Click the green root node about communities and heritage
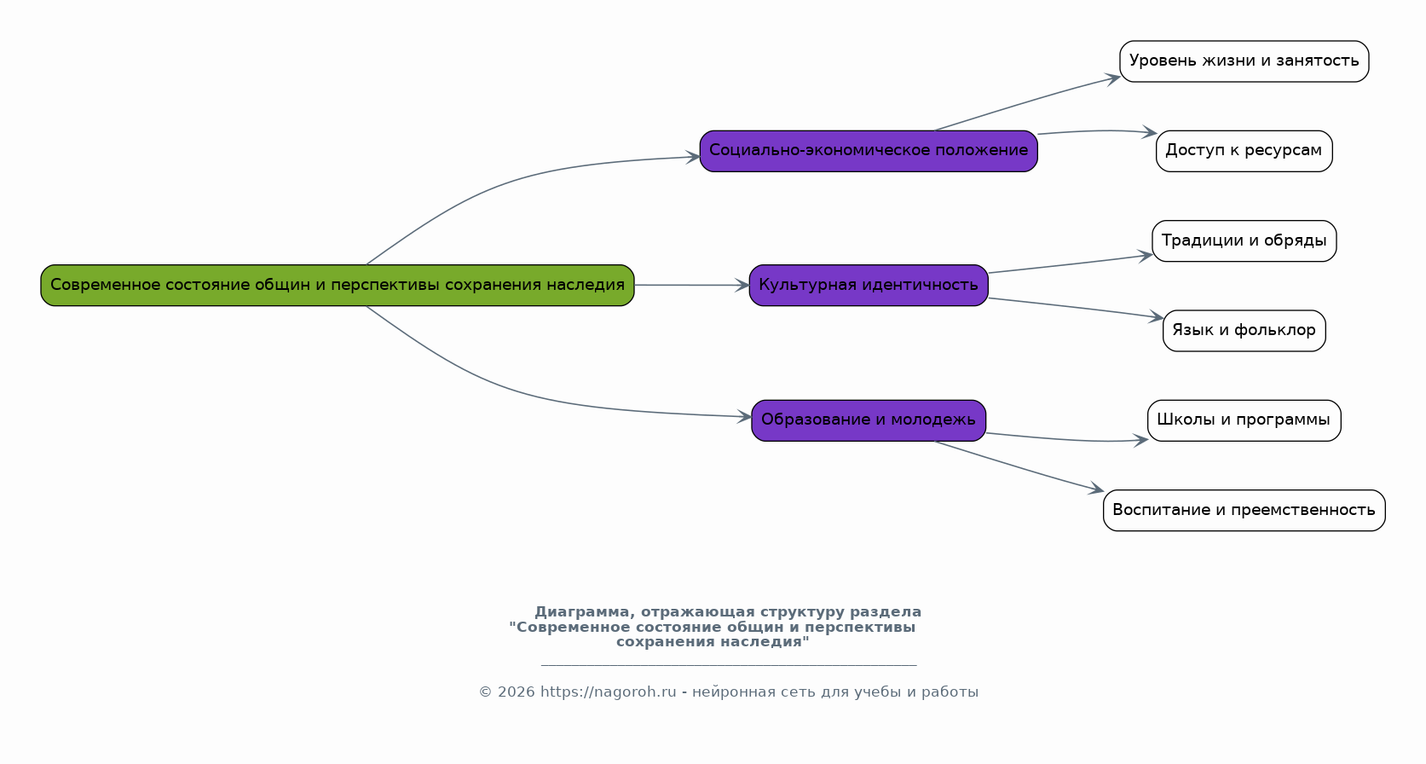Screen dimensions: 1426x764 [x=338, y=286]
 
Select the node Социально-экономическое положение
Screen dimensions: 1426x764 [x=869, y=151]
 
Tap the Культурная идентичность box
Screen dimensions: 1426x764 [x=869, y=286]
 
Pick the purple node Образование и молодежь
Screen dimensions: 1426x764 [x=869, y=420]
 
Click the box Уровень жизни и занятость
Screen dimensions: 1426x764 [x=1244, y=61]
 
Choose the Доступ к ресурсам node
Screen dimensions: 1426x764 [x=1244, y=151]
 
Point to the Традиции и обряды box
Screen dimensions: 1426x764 [x=1244, y=240]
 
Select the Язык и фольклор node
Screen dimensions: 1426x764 [x=1244, y=331]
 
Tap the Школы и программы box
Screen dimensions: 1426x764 [x=1244, y=420]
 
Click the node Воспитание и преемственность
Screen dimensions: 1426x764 [x=1244, y=510]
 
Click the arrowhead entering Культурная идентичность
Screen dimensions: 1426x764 [x=742, y=286]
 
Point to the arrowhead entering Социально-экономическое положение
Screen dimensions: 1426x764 [x=693, y=157]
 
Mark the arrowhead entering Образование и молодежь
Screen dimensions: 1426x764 [x=744, y=417]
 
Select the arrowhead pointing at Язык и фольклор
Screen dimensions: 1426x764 [x=1156, y=316]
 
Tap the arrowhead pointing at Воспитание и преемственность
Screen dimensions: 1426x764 [x=1096, y=489]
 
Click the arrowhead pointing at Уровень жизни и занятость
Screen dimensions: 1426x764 [x=1113, y=79]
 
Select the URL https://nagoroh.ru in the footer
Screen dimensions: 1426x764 [x=608, y=692]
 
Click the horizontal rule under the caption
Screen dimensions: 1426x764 [x=729, y=665]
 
